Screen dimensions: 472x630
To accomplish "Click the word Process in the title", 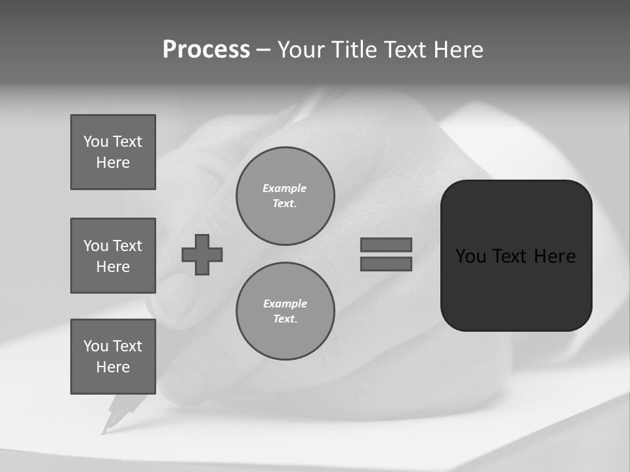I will click(x=206, y=50).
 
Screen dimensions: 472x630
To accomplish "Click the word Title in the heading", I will click(x=353, y=50).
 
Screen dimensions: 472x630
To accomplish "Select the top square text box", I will click(x=113, y=152).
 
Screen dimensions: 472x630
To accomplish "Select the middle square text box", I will click(x=113, y=256).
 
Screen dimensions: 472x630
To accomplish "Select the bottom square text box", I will click(x=113, y=357).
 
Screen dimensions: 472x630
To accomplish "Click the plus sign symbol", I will click(x=202, y=254).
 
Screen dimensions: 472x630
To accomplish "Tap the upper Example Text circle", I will click(x=285, y=196).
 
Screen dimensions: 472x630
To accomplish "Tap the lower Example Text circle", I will click(x=285, y=311).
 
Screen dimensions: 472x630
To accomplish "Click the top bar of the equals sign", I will click(x=386, y=245).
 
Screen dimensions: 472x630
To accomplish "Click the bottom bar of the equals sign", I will click(x=386, y=264).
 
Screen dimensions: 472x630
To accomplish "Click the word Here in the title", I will click(x=460, y=50).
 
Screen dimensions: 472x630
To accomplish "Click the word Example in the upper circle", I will click(x=285, y=188).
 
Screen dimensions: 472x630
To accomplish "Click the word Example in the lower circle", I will click(x=285, y=304).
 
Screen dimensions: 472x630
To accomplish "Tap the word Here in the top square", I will click(x=113, y=163).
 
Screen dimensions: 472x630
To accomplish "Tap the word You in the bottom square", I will click(x=95, y=346).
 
